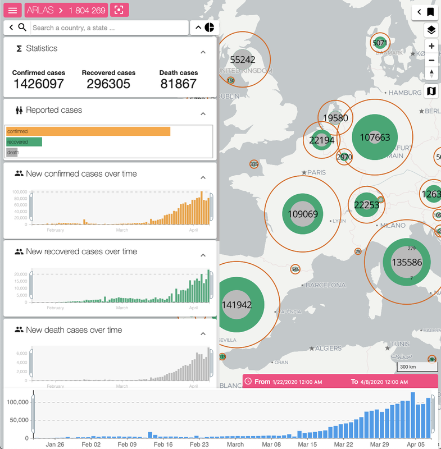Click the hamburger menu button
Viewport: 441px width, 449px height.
point(13,10)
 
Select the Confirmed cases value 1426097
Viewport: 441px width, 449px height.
point(39,84)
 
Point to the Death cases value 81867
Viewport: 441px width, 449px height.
point(178,84)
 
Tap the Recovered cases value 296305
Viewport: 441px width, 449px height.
point(108,84)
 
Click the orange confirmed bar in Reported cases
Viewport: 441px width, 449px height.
point(88,131)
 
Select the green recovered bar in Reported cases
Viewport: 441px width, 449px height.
point(24,142)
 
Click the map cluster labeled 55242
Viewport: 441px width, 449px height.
point(243,59)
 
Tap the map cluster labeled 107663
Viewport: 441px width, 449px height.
point(375,138)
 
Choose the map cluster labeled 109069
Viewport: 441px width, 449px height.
point(302,214)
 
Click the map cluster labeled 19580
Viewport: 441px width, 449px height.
point(336,118)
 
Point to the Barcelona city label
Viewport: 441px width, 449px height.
point(325,285)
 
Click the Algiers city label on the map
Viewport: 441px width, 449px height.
point(328,349)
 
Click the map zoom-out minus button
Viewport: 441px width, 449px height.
point(431,61)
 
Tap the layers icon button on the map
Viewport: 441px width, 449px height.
point(431,30)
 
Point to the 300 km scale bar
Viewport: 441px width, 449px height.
point(411,367)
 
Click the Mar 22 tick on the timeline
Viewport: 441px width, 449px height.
point(344,444)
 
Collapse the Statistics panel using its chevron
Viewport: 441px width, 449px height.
point(203,52)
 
